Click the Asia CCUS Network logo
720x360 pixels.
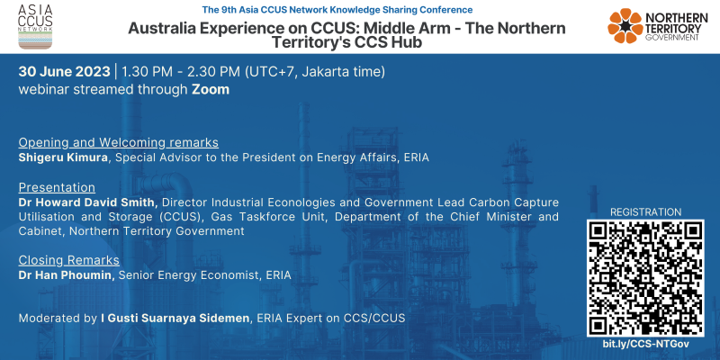[35, 27]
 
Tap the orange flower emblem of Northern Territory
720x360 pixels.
[625, 26]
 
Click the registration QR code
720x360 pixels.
[645, 278]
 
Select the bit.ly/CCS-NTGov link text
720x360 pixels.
[645, 344]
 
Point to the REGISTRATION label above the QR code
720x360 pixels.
[645, 212]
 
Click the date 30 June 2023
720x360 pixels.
[64, 72]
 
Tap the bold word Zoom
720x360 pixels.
[211, 89]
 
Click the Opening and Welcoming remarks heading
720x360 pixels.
[119, 143]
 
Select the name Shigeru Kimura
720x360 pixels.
[64, 158]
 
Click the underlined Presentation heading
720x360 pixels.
[57, 187]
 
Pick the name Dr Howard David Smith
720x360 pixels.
[88, 202]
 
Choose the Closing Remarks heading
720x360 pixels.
[69, 260]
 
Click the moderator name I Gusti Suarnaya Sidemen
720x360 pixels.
[175, 319]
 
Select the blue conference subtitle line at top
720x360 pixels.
[337, 10]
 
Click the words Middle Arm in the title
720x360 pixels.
[407, 28]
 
